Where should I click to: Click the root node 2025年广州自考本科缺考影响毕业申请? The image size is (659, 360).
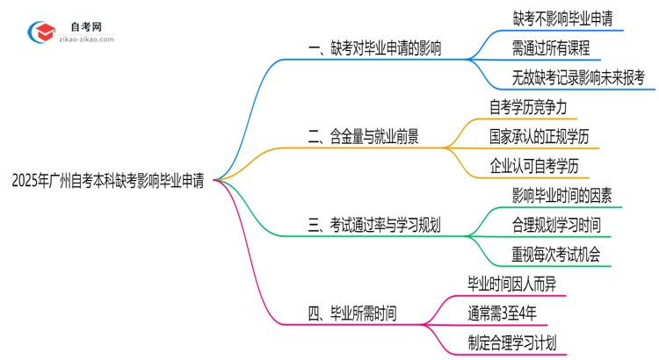108,180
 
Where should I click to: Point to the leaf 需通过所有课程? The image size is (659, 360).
551,47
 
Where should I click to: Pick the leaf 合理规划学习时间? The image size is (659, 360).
556,225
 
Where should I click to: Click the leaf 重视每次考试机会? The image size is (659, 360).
556,254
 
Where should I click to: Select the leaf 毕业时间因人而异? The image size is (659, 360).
512,283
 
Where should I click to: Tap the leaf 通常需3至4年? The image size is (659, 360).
501,312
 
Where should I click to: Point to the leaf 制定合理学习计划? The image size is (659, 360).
512,342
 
